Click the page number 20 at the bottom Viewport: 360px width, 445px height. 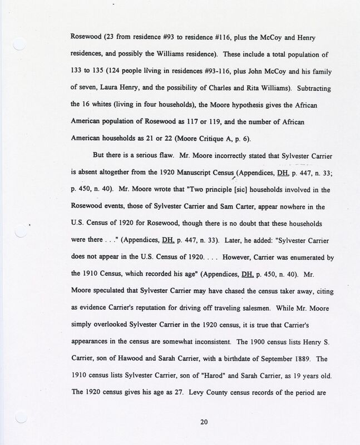click(x=203, y=422)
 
